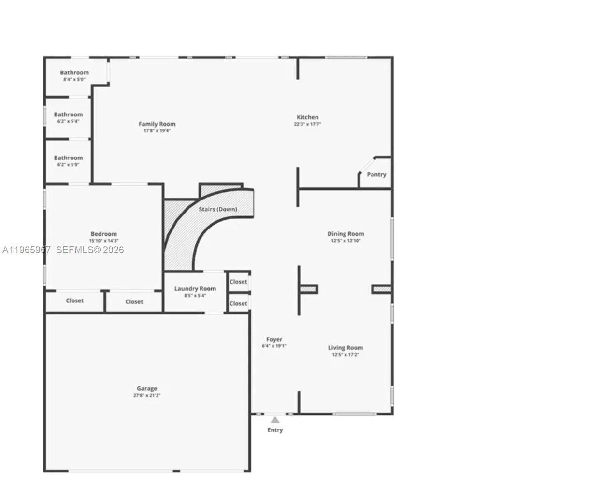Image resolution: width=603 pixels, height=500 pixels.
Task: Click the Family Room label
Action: (x=157, y=124)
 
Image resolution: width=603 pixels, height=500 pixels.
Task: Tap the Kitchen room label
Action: (x=307, y=117)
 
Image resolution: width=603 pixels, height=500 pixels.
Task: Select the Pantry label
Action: (x=376, y=175)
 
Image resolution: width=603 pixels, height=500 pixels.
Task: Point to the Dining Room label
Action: (x=345, y=234)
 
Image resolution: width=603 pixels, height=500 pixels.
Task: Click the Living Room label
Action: (x=345, y=348)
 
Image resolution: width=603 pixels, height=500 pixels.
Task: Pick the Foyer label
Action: (x=274, y=340)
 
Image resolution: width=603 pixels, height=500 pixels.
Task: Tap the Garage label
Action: (x=147, y=388)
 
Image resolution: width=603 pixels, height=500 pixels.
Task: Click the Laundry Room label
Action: (x=195, y=289)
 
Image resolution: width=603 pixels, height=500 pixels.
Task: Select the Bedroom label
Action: (x=103, y=234)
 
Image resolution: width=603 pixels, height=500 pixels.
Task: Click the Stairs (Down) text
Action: (x=218, y=209)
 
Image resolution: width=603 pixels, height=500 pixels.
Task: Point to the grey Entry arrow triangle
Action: (x=275, y=420)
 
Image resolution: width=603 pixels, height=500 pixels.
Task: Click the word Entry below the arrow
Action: (x=275, y=430)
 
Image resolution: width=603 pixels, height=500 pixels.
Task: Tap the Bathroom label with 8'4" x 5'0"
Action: (x=74, y=73)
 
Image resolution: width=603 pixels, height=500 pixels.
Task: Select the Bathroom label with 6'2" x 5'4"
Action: (x=68, y=115)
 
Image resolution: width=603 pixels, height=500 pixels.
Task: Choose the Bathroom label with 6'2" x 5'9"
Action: (x=68, y=158)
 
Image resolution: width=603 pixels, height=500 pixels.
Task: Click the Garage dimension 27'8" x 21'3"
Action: (x=147, y=395)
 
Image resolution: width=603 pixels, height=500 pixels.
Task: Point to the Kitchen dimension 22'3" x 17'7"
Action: (x=307, y=124)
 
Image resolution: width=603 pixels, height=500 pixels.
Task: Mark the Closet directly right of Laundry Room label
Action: (x=238, y=282)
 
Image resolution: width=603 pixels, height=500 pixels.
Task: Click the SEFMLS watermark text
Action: (x=90, y=250)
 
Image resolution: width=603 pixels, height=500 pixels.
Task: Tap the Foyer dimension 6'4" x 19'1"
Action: (x=274, y=346)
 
